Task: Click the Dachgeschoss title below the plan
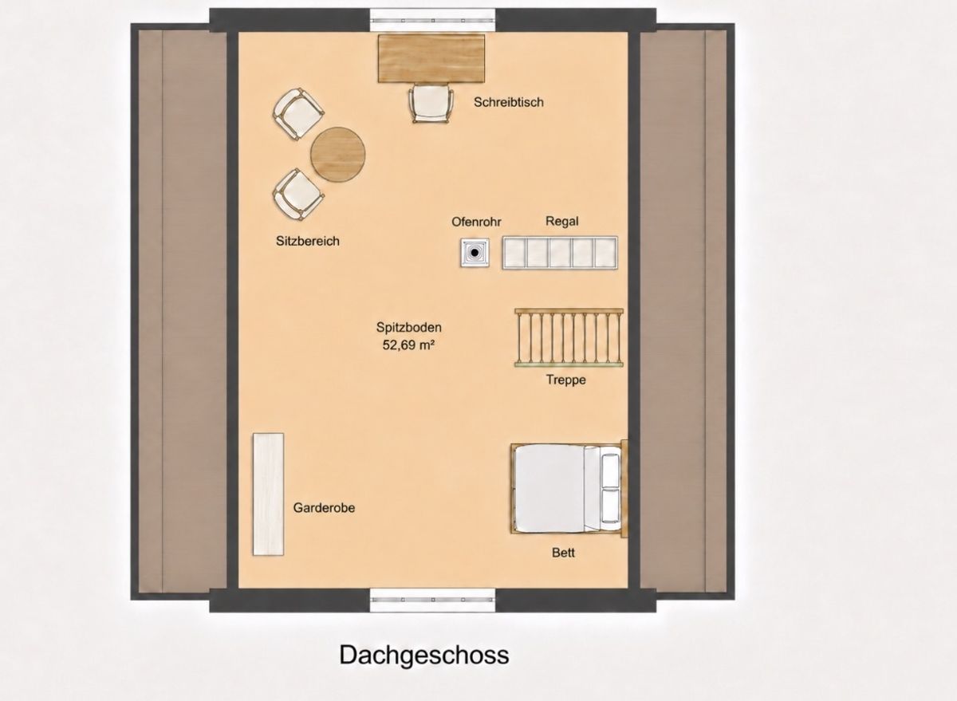(423, 656)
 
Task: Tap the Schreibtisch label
(509, 103)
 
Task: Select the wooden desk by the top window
(431, 58)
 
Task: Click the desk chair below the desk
(431, 104)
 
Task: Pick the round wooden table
(338, 154)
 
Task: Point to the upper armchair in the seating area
(298, 113)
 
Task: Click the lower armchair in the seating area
(298, 195)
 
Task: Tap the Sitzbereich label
(308, 242)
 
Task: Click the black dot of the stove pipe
(475, 253)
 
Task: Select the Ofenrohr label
(476, 223)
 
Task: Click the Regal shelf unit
(560, 253)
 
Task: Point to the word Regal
(561, 221)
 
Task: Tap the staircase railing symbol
(569, 338)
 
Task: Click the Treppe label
(565, 380)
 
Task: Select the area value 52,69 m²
(408, 345)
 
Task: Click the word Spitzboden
(409, 328)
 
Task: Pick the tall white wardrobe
(268, 494)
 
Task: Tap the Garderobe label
(324, 508)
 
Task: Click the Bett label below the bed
(563, 553)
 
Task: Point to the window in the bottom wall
(432, 600)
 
